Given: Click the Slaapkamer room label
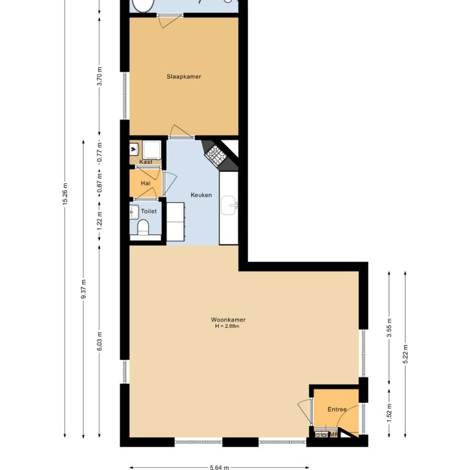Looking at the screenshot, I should pos(184,77).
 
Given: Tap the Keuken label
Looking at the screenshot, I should pos(201,195).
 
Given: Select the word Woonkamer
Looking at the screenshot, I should pos(227,320).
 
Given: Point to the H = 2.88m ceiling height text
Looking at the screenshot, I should pos(227,327).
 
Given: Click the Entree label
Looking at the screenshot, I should pos(337,410).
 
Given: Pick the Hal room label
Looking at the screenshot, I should pos(146,183).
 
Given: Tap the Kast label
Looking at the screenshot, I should pos(146,162).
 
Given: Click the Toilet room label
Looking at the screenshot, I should pos(148,211).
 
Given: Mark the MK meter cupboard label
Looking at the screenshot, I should pos(332,434).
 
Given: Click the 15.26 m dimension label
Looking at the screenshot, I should pos(65,195).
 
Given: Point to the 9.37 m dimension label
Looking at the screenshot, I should pos(83,289).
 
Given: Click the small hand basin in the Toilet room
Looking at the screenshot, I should pos(133,213).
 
